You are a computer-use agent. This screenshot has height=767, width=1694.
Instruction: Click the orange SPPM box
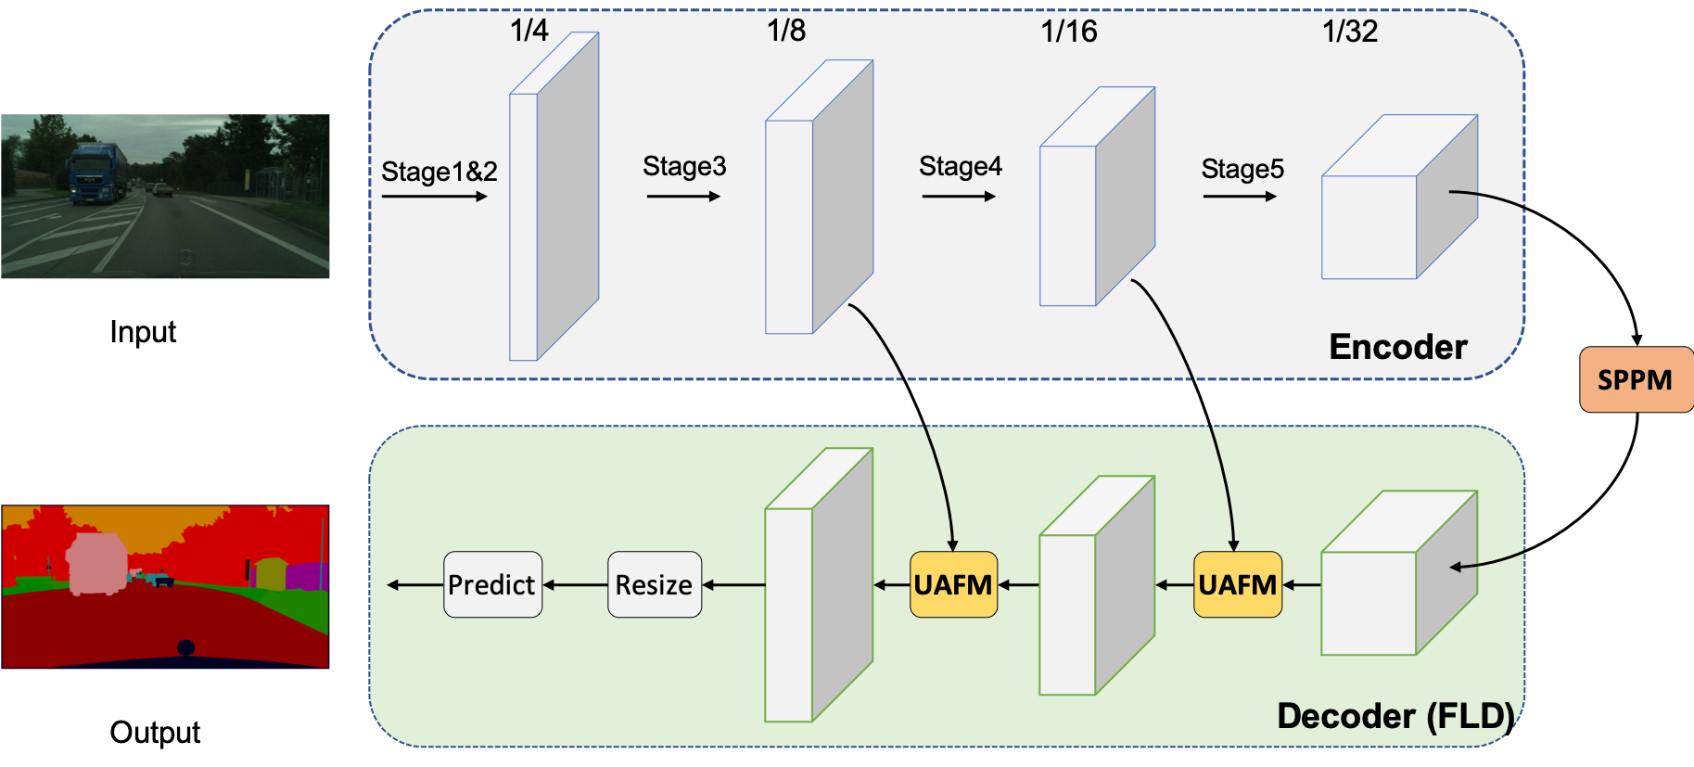point(1636,379)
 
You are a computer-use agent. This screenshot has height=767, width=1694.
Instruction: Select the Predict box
point(492,584)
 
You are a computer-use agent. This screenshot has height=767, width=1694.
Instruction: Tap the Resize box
point(654,584)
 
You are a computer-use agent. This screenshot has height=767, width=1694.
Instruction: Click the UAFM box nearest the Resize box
point(953,584)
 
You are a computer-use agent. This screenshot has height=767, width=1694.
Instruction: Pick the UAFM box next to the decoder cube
point(1237,584)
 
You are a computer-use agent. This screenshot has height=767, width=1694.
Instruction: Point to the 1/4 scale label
point(529,31)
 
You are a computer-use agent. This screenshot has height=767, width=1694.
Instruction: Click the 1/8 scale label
point(786,31)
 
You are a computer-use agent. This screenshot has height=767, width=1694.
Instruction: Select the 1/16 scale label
point(1068,32)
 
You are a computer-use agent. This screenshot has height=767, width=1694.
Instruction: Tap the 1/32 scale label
point(1350,32)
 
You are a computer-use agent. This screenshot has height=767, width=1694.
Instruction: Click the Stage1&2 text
point(439,172)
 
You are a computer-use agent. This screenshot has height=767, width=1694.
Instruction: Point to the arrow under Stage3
point(683,197)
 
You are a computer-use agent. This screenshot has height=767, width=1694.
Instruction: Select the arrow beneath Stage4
point(959,197)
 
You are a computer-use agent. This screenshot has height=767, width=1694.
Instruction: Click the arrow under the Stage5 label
point(1240,197)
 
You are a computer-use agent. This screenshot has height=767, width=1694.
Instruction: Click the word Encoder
point(1398,347)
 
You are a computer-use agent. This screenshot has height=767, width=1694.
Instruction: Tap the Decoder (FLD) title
point(1395,716)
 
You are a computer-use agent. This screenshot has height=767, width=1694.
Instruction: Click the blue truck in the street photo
point(96,173)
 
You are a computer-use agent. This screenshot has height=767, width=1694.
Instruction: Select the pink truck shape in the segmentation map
point(96,564)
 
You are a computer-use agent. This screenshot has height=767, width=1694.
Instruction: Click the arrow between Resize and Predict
point(575,585)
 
